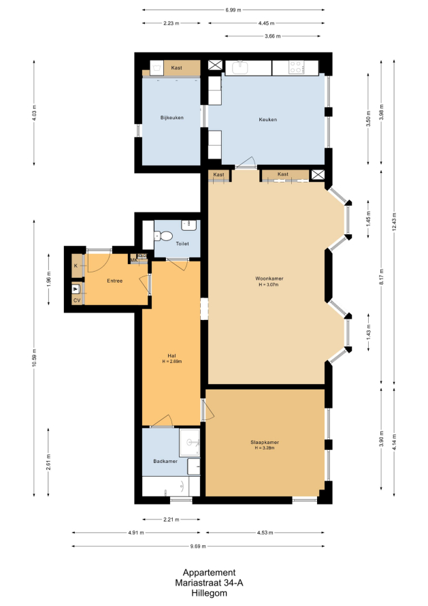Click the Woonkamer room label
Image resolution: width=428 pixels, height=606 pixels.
pos(269,278)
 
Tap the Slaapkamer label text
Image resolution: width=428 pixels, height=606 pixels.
pos(265,442)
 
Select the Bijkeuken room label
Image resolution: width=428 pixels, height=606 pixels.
pos(172,118)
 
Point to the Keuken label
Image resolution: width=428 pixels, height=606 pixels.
pos(267,119)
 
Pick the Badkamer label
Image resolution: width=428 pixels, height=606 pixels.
pos(165,461)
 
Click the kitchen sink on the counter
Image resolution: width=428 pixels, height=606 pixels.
pos(240,67)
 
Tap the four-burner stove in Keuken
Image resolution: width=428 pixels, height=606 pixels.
pos(297,67)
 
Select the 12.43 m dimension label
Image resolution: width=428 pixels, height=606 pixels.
pos(394,222)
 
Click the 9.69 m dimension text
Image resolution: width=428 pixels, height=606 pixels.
pos(198,546)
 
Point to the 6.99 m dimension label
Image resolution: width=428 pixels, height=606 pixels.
pos(233,10)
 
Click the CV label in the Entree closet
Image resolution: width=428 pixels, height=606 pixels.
pos(77,300)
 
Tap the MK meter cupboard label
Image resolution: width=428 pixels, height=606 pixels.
pos(133,260)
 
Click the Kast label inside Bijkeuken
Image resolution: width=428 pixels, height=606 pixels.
pos(176,67)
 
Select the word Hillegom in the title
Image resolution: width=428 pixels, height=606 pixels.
pos(209,593)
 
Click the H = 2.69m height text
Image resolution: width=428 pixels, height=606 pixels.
pos(172,362)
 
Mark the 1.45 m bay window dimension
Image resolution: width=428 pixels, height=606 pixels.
pos(369,219)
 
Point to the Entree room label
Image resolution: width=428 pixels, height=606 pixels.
pos(115,281)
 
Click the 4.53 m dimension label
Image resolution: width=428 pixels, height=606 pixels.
pos(265,532)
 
